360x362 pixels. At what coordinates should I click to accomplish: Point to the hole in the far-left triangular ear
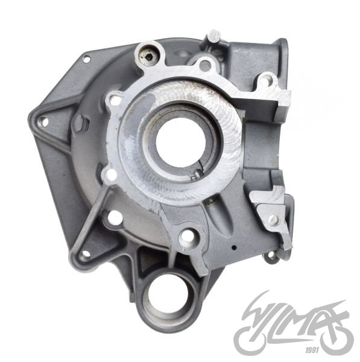click(43, 122)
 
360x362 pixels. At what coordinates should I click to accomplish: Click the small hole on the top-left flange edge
click(86, 59)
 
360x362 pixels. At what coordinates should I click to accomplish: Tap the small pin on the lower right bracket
click(273, 218)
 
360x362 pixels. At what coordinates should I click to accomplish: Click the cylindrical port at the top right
click(279, 48)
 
